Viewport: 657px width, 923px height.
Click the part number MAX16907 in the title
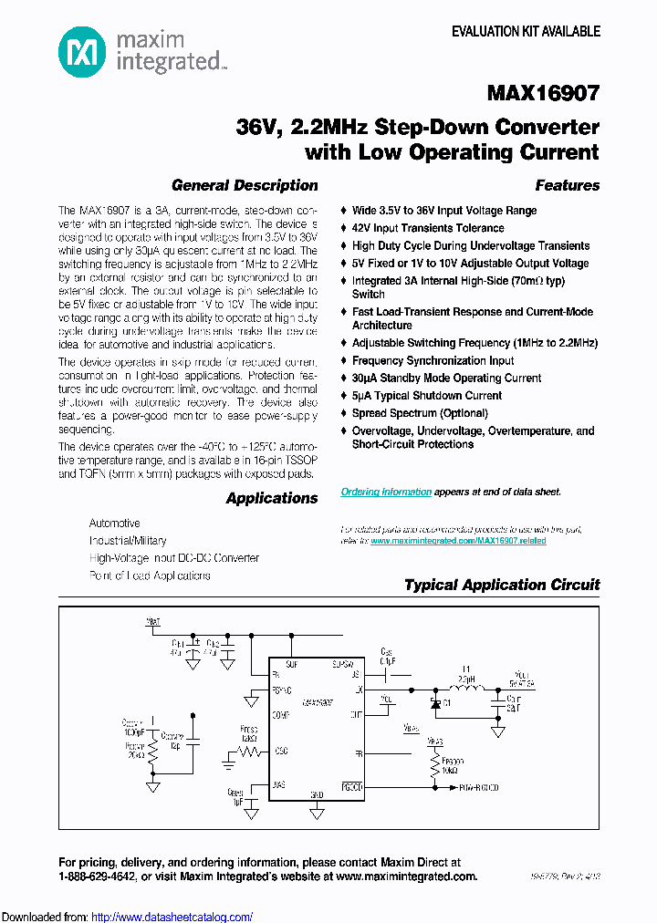(543, 93)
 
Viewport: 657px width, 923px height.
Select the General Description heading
(245, 185)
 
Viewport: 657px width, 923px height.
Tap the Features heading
(567, 185)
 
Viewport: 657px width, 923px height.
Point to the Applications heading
(271, 498)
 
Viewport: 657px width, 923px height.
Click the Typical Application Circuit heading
(502, 585)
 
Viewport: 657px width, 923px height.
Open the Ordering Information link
(386, 492)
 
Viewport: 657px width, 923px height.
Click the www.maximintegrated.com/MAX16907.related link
(458, 541)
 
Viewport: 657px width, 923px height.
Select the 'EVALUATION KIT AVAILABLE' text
(526, 31)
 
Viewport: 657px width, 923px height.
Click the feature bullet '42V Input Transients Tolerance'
(428, 228)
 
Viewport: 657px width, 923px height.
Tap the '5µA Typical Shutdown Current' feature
(427, 396)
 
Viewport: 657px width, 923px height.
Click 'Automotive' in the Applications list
(114, 524)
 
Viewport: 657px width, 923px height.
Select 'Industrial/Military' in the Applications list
(128, 541)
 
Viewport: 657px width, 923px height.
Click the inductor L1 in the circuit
(469, 689)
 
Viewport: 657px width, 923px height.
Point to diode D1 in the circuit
(435, 703)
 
